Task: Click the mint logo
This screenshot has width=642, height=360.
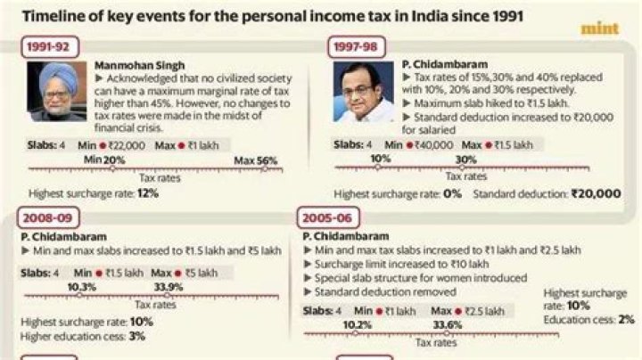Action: tap(599, 29)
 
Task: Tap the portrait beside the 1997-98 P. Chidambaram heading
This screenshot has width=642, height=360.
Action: tap(363, 92)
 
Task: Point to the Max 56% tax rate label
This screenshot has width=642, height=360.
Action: tap(256, 160)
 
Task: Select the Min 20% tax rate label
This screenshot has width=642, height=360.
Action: tap(104, 160)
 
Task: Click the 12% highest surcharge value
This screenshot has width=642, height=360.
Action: tap(147, 192)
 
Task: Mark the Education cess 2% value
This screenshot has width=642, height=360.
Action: tap(626, 318)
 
